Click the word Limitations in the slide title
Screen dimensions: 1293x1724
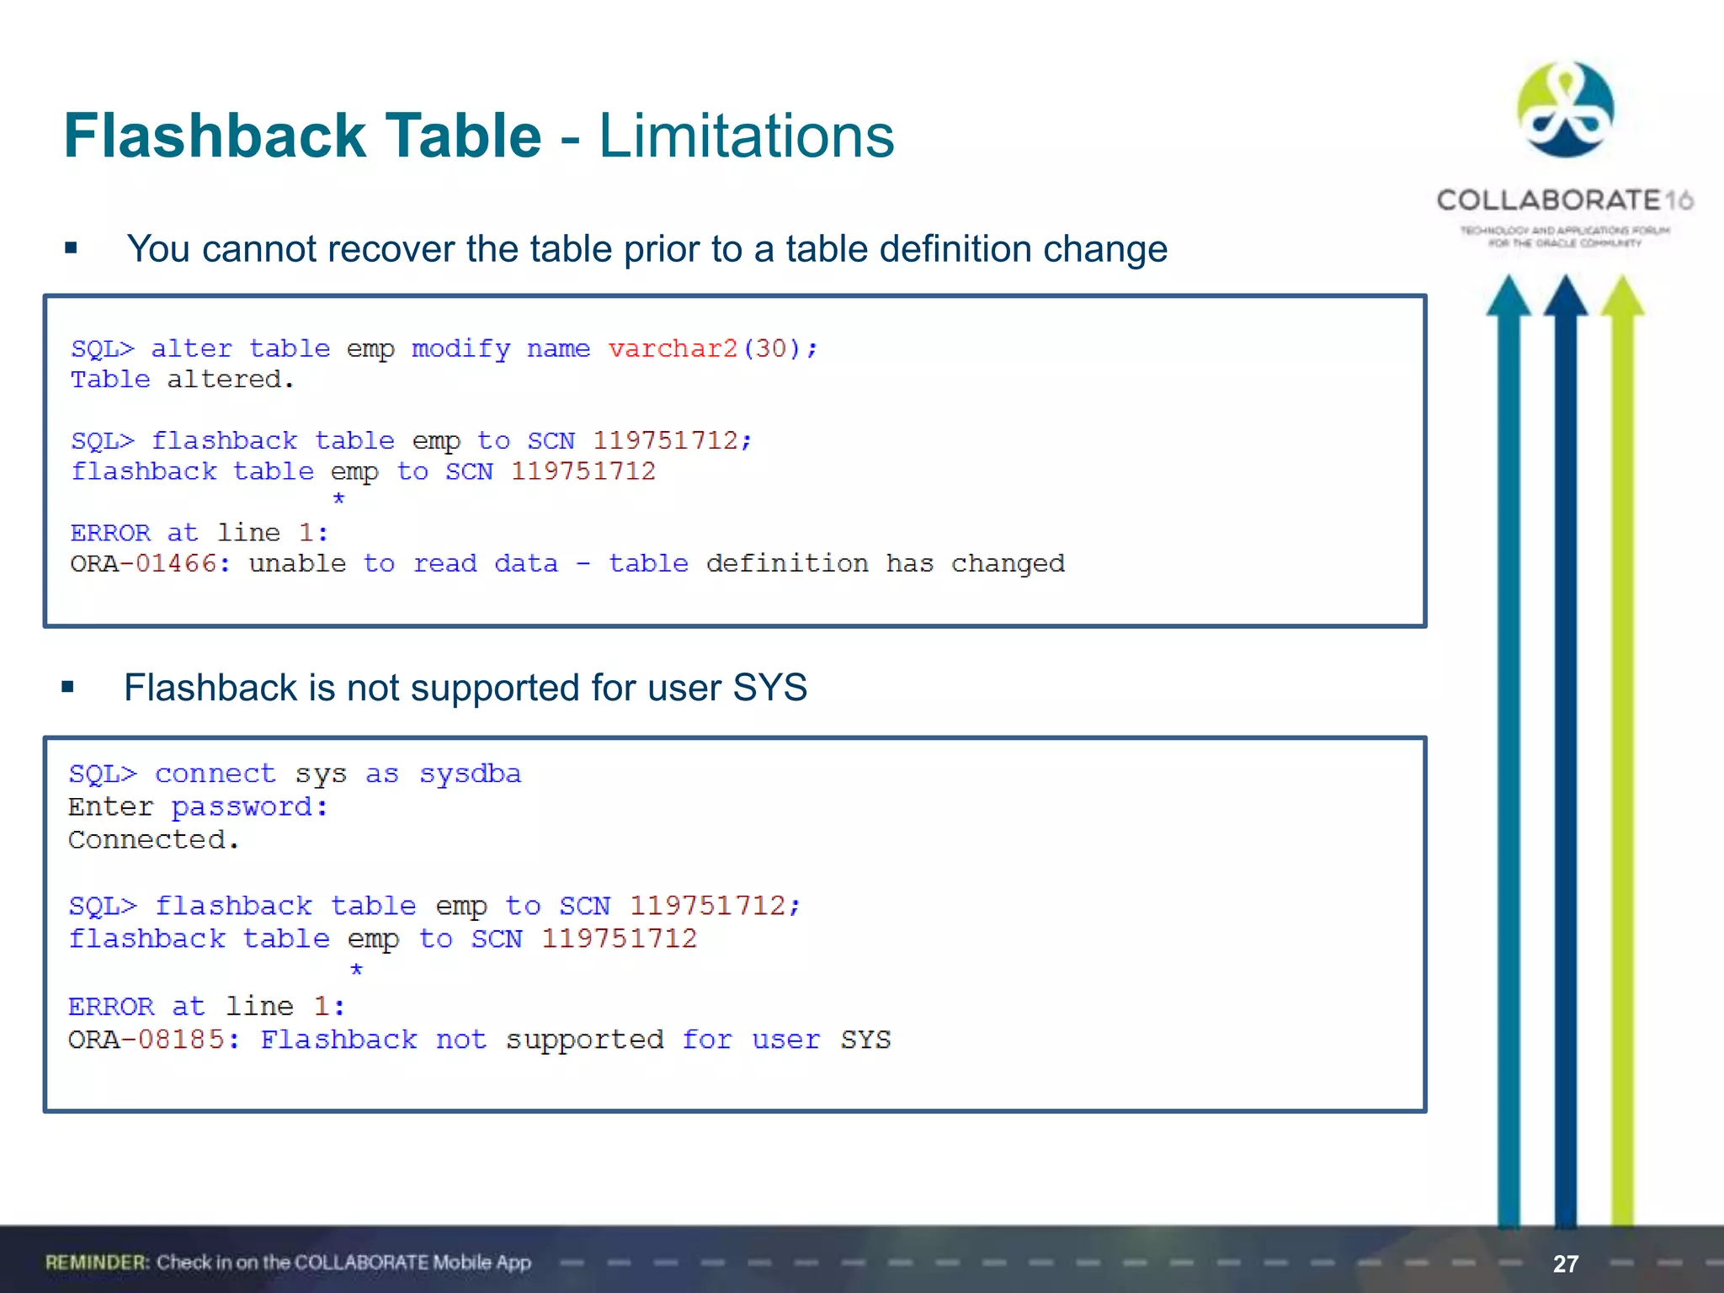coord(746,136)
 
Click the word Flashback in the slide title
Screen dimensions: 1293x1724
coord(215,136)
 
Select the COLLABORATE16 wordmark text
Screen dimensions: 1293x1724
coord(1564,200)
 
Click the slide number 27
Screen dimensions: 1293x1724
coord(1565,1264)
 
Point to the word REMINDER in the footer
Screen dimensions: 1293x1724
coord(97,1263)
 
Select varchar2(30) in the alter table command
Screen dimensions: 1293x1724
coord(712,349)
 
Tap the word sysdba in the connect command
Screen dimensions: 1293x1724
coord(470,774)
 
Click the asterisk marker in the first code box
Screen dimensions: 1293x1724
coord(338,499)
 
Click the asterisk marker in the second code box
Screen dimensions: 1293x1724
coord(356,970)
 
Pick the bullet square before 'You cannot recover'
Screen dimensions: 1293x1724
coord(72,248)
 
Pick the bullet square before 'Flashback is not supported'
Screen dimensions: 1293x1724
coord(68,688)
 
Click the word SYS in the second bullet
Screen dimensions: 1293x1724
coord(769,688)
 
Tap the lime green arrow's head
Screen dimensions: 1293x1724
coord(1622,296)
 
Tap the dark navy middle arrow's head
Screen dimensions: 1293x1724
coord(1565,296)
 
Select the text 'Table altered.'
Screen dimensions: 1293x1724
coord(182,380)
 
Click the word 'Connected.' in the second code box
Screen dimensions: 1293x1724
coord(153,840)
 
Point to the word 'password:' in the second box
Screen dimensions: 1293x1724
coord(249,806)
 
